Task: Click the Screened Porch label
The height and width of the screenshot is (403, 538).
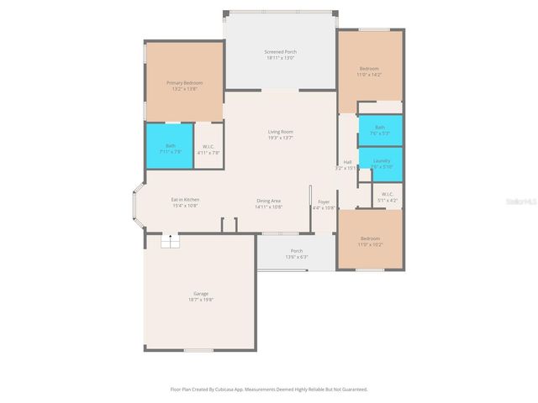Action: pos(280,52)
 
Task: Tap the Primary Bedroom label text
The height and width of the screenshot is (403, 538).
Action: pos(184,82)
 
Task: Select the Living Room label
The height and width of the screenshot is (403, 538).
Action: pos(280,132)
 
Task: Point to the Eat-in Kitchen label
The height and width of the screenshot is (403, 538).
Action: pos(185,199)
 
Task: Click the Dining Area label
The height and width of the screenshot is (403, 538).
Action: pos(269,200)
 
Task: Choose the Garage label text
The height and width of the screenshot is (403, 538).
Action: pos(201,293)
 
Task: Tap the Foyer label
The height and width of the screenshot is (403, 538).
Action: pos(324,201)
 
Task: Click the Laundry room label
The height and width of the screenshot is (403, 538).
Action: pos(380,160)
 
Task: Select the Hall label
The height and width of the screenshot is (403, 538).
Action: pos(347,162)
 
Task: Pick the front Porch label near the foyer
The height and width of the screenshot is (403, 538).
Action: pos(297,251)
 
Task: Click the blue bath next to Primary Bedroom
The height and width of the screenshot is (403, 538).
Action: pos(170,147)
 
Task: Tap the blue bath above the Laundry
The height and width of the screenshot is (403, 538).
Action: pos(380,128)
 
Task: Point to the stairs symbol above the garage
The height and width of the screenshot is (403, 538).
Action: pos(171,241)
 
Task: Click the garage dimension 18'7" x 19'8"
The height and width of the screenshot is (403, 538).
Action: pos(201,300)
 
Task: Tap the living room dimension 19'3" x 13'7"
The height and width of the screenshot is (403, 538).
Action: pos(280,138)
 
